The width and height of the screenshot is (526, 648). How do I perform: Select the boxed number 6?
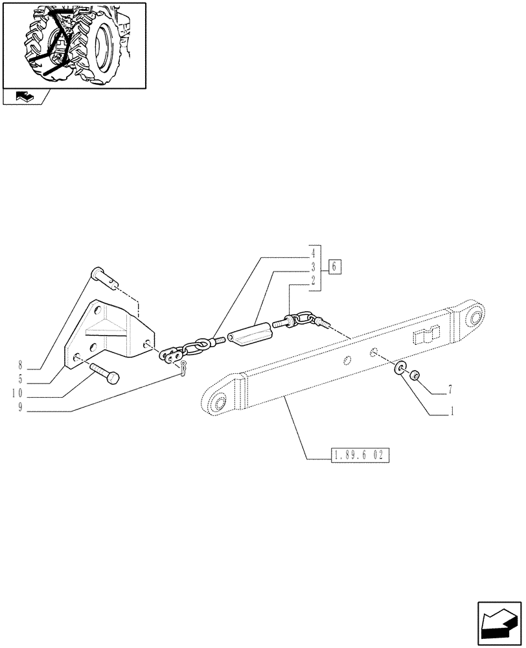334,266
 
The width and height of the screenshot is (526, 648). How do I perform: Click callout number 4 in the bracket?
313,253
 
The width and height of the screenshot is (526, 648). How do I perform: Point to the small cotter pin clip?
183,371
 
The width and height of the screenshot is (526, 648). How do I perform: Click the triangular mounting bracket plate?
107,334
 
